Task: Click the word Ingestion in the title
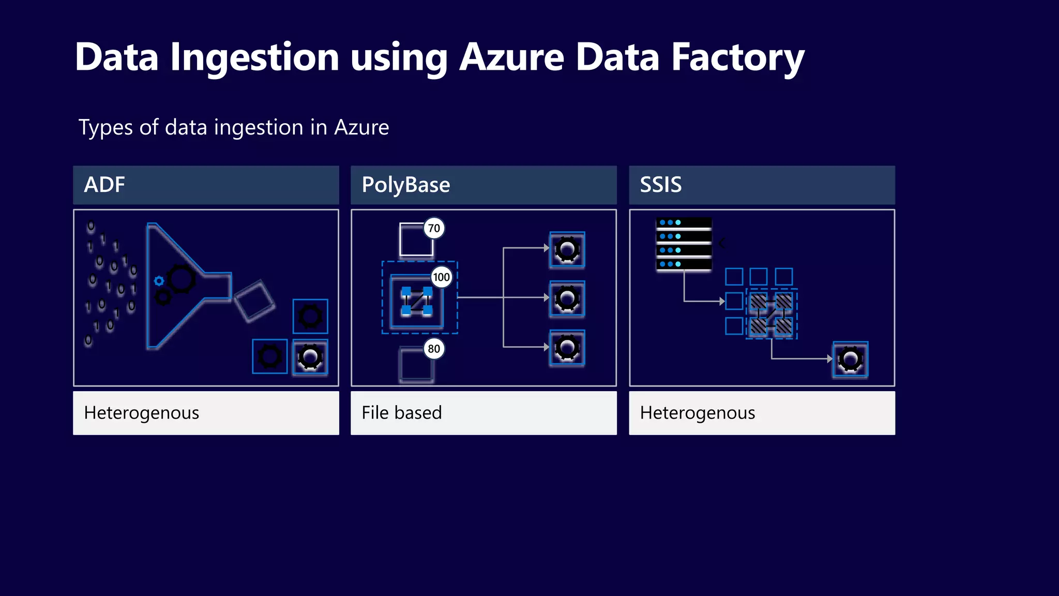[x=254, y=57]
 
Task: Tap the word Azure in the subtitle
[x=361, y=127]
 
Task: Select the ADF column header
[x=206, y=185]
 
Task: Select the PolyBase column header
[x=483, y=185]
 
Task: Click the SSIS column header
[x=762, y=185]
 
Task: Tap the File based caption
[x=402, y=413]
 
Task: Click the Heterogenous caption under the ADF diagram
[x=141, y=413]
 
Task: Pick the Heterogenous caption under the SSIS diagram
[x=697, y=413]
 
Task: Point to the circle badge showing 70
[x=434, y=228]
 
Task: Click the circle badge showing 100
[x=441, y=277]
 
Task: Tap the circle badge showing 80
[x=434, y=349]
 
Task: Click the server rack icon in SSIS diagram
[x=684, y=244]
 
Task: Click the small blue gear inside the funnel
[x=159, y=281]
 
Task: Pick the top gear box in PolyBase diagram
[x=567, y=250]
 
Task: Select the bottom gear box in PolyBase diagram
[x=567, y=348]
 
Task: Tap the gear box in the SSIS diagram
[x=850, y=359]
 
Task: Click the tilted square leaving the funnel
[x=254, y=301]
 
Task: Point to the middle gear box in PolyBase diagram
[x=567, y=299]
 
